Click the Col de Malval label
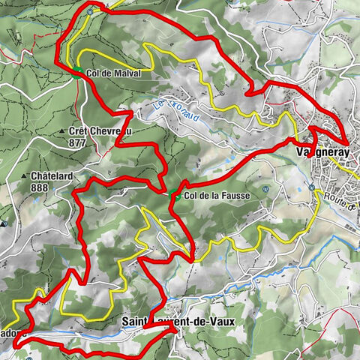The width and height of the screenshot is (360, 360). [x=113, y=74]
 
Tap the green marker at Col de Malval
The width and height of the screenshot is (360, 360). [x=76, y=71]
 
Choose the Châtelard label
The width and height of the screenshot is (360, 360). [x=51, y=176]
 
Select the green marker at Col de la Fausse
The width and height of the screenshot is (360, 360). [x=175, y=196]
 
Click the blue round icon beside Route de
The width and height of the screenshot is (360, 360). [x=311, y=187]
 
